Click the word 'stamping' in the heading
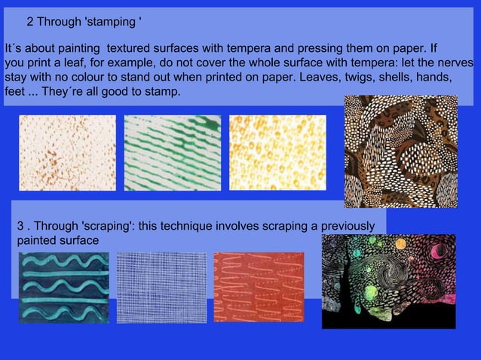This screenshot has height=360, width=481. pos(112,21)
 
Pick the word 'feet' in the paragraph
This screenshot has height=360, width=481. pos(14,92)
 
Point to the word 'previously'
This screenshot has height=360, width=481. pos(345,226)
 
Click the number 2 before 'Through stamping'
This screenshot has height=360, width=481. pos(30,21)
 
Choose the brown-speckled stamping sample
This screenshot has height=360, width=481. pos(68,153)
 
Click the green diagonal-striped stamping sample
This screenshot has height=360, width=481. pos(173,153)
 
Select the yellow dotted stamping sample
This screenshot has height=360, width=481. pos(277,153)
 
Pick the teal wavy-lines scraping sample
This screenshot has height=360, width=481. pos(63,287)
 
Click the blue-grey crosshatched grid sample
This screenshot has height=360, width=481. pos(161,287)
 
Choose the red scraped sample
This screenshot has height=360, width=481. pos(259,287)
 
